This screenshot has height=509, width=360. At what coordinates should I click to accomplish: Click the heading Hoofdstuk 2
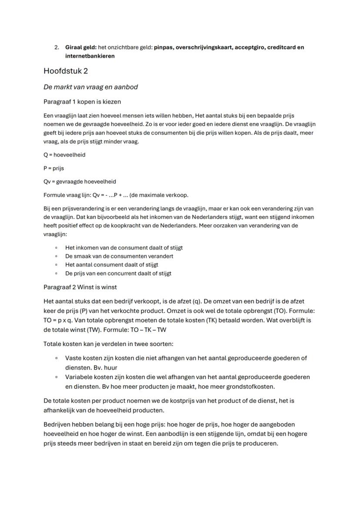[x=66, y=71]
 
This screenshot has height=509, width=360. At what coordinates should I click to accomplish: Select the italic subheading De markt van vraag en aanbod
[x=90, y=87]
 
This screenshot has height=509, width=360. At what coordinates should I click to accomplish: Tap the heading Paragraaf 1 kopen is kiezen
[x=82, y=102]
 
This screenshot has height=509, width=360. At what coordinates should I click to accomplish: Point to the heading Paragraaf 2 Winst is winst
[x=80, y=287]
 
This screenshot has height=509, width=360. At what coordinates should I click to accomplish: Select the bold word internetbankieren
[x=90, y=56]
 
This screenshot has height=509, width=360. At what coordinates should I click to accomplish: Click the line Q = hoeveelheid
[x=64, y=155]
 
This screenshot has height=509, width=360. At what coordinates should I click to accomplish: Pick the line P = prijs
[x=53, y=168]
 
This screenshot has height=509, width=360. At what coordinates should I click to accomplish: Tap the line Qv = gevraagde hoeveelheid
[x=80, y=181]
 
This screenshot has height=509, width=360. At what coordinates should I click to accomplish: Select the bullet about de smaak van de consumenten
[x=119, y=256]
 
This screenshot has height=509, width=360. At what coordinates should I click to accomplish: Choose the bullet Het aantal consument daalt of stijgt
[x=112, y=265]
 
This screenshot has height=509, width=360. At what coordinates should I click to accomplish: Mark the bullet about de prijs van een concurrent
[x=118, y=273]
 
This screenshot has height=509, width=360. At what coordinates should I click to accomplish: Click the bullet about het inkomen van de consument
[x=124, y=248]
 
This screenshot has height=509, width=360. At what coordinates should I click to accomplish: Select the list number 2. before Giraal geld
[x=57, y=47]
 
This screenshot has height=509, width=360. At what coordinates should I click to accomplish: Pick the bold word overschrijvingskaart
[x=203, y=47]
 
